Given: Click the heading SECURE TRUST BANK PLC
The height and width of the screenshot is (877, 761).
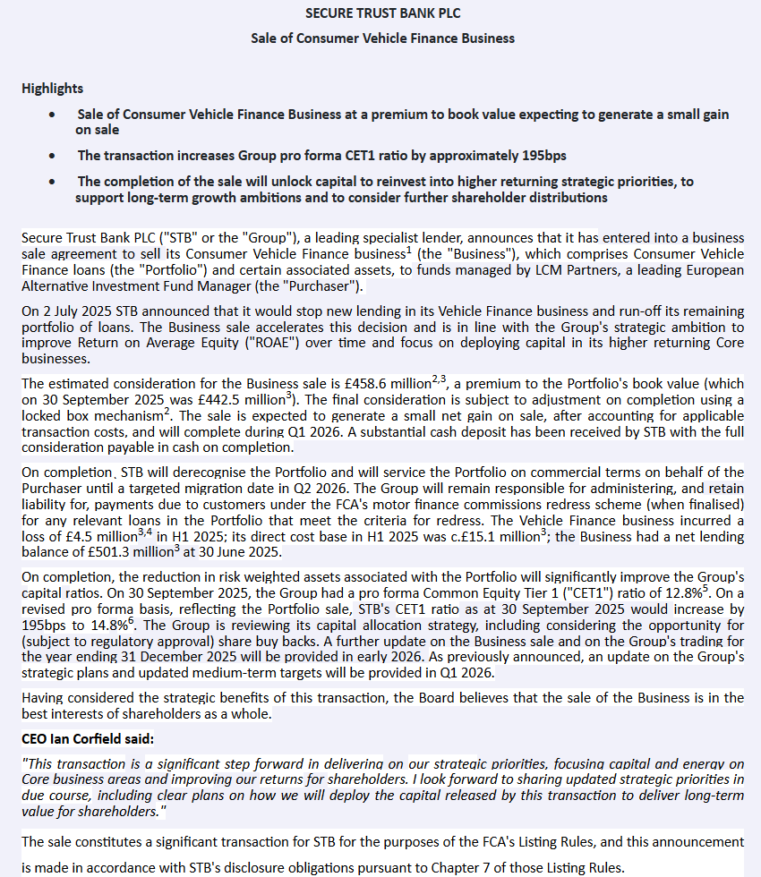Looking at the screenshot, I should point(382,13).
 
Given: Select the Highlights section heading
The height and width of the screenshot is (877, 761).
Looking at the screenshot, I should point(52,88).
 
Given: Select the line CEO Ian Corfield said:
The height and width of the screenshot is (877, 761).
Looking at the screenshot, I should point(88,738).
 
